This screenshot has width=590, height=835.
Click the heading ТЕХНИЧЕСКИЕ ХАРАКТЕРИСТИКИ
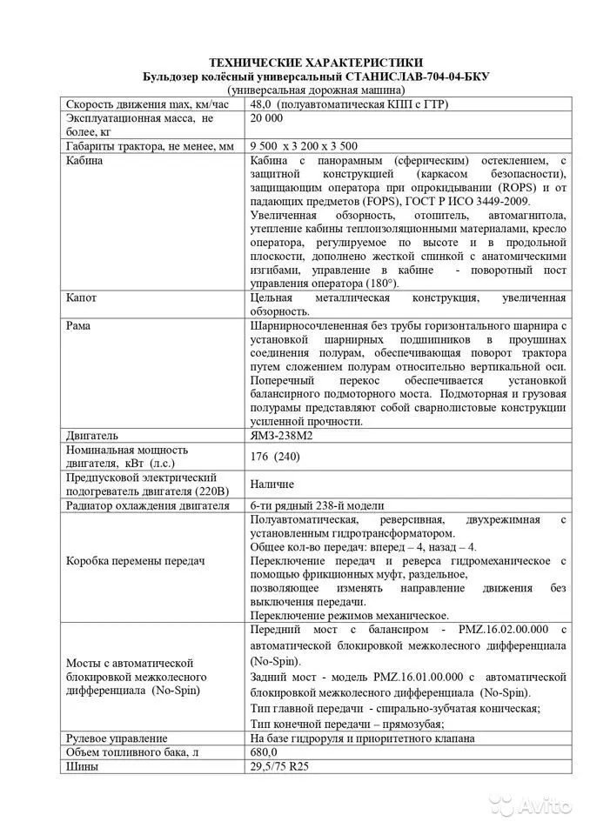coord(317,63)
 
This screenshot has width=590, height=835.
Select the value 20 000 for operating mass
coord(266,118)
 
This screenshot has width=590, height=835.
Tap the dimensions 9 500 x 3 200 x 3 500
coord(304,146)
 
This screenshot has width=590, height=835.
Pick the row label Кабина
coord(84,161)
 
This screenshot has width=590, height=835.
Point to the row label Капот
coord(82,298)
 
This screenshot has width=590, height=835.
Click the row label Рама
coord(79,325)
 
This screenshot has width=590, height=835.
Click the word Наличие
coord(272,484)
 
